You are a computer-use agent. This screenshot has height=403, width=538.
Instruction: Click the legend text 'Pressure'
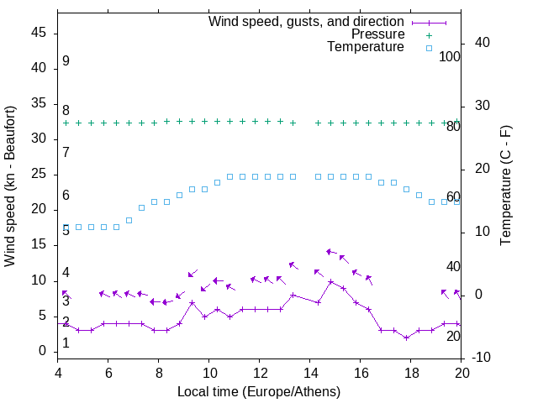[377, 34]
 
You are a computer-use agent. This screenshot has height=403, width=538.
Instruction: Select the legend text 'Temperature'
[366, 47]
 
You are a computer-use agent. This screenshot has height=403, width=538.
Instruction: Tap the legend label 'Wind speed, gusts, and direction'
[306, 22]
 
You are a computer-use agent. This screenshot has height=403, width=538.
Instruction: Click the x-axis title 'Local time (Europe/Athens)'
[259, 391]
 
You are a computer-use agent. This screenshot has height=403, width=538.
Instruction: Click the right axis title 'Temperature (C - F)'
[505, 186]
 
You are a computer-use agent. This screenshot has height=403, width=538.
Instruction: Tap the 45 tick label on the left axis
[39, 33]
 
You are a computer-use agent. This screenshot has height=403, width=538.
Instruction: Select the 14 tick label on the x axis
[310, 373]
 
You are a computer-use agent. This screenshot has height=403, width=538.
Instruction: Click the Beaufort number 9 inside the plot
[66, 61]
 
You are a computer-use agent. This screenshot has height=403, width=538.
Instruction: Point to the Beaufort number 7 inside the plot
[66, 152]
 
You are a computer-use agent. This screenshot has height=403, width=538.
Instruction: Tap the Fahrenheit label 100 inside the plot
[450, 56]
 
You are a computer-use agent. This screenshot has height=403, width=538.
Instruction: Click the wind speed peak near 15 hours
[331, 281]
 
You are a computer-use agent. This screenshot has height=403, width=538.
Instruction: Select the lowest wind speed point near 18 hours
[407, 338]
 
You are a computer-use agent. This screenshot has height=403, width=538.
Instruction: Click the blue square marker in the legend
[428, 48]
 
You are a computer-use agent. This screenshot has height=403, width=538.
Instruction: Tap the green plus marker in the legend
[428, 35]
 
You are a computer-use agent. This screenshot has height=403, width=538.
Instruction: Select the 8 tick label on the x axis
[159, 373]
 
